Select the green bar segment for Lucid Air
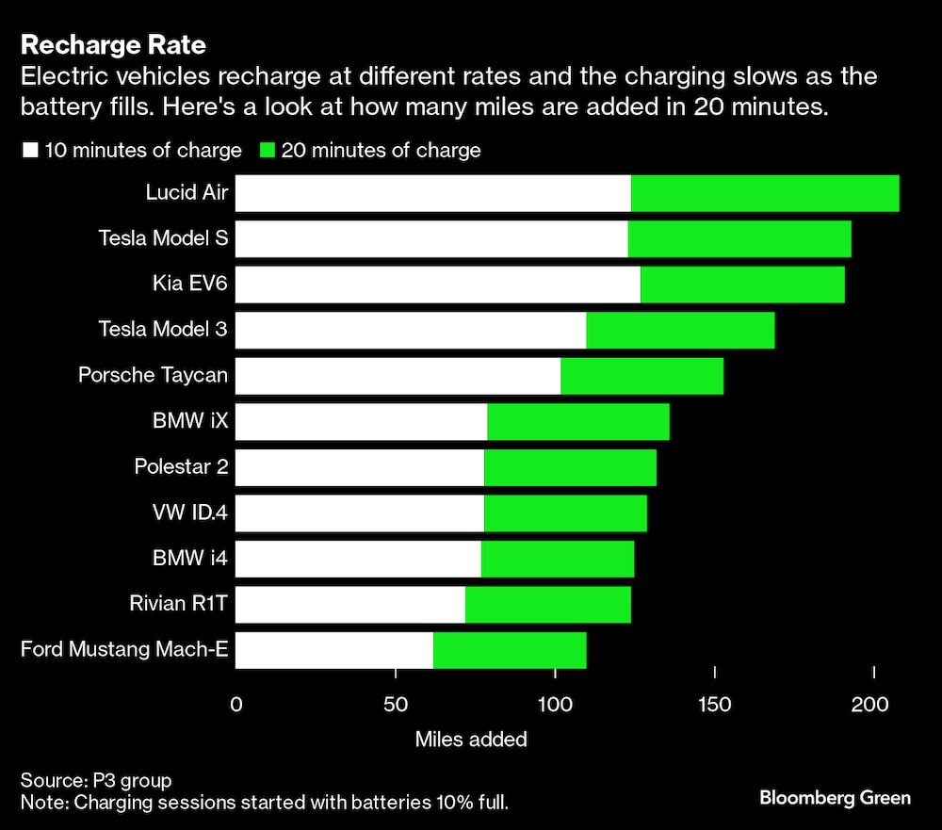(x=765, y=193)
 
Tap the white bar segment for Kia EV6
(x=437, y=285)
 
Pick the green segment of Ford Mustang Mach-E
(x=510, y=650)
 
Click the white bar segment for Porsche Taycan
(x=398, y=376)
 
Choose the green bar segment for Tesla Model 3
(x=680, y=330)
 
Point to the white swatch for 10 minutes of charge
(x=30, y=151)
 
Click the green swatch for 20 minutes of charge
(x=267, y=151)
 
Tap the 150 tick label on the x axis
(x=715, y=703)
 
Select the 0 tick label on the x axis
(x=235, y=703)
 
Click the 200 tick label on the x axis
(x=874, y=703)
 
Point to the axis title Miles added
(x=471, y=740)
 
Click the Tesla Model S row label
(x=163, y=238)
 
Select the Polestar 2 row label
(x=181, y=466)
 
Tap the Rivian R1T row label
(x=178, y=604)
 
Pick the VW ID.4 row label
(x=189, y=513)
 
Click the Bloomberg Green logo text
(x=835, y=798)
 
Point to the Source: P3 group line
(x=96, y=780)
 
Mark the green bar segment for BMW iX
(x=578, y=421)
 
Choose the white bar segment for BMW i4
(x=358, y=559)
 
